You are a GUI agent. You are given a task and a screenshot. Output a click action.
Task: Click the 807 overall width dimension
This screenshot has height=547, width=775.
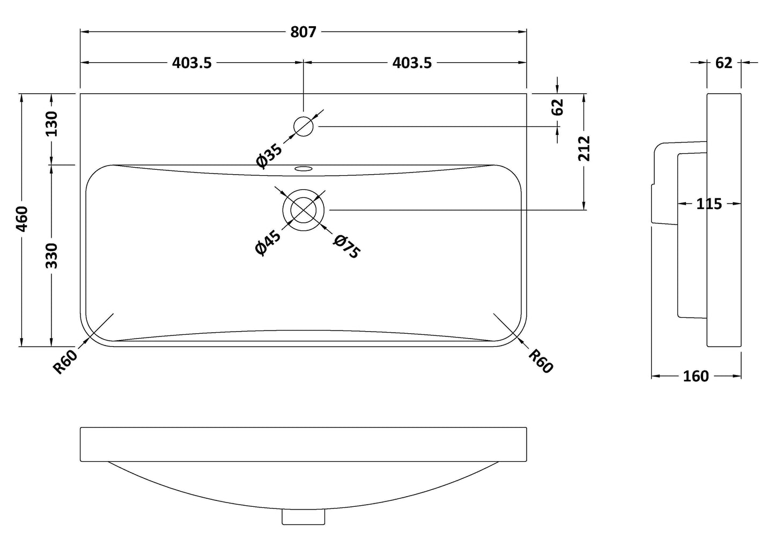pos(303,32)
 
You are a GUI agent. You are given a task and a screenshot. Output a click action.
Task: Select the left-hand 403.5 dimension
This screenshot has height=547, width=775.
pos(192,63)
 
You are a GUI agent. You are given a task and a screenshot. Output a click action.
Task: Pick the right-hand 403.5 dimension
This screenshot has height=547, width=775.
pos(412,63)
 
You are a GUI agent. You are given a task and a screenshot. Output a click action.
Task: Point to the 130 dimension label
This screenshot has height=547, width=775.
pos(52,124)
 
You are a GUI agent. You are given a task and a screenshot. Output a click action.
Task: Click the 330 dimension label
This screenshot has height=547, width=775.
pos(52,256)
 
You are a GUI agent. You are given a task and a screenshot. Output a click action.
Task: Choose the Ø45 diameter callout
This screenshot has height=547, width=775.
pos(268,243)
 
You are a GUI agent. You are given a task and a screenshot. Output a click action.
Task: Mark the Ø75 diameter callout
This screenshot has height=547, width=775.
pos(346,247)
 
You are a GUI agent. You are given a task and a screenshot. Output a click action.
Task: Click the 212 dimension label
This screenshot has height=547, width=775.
pos(584,148)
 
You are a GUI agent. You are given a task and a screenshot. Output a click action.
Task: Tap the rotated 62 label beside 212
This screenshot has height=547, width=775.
pos(558,107)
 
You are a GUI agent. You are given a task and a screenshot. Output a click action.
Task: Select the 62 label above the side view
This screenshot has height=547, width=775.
pos(724,63)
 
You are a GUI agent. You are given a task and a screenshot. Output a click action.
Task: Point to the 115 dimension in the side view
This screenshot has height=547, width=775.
pos(709,204)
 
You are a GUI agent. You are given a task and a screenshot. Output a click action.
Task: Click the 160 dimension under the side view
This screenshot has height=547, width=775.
pos(696,376)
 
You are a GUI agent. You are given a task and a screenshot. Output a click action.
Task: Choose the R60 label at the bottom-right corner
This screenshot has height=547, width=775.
pos(541,361)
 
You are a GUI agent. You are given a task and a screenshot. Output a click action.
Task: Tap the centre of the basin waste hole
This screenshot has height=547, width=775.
pos(304,209)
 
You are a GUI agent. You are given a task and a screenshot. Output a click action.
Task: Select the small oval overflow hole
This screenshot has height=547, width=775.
pos(303,169)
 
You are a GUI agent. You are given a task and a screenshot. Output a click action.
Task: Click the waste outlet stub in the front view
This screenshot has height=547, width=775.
pos(304,517)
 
